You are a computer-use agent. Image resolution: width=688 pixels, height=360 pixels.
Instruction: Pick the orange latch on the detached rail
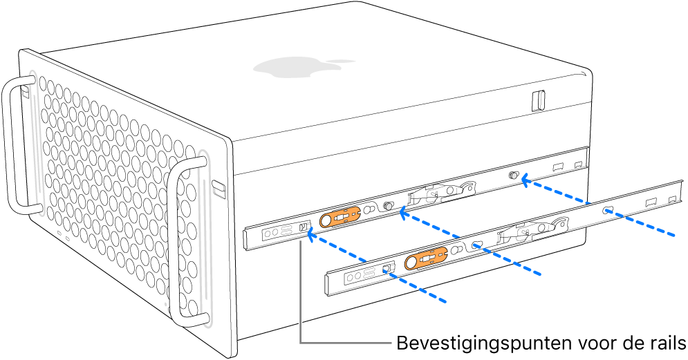click(x=426, y=260)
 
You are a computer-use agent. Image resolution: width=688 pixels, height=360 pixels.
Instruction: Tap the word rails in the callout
click(x=664, y=343)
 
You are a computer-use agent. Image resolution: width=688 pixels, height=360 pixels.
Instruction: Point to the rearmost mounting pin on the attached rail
click(x=514, y=176)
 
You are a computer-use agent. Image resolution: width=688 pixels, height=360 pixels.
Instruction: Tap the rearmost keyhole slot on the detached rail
click(x=608, y=210)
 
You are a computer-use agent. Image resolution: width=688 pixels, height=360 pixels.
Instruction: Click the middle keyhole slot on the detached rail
click(x=476, y=245)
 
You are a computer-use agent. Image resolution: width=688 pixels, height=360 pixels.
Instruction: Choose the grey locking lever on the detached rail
click(x=532, y=230)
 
